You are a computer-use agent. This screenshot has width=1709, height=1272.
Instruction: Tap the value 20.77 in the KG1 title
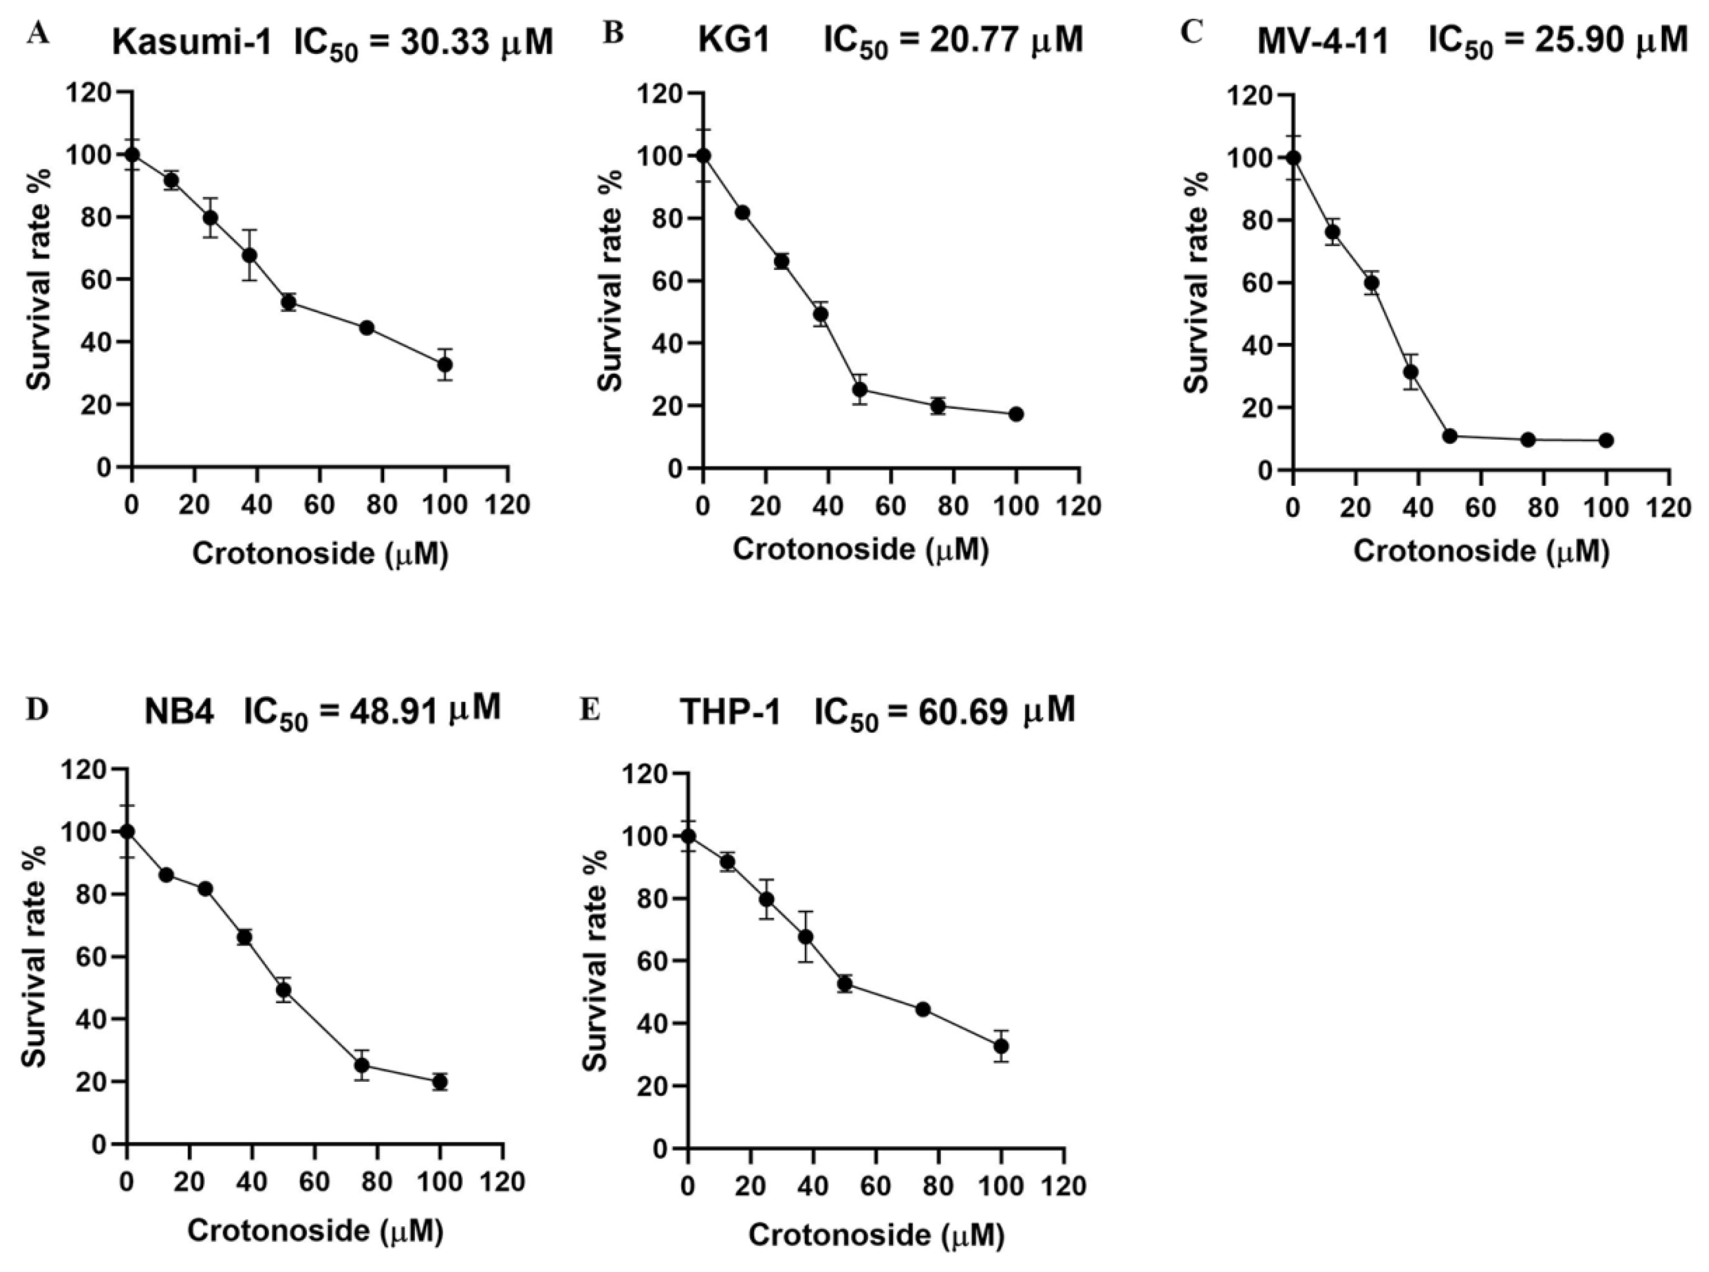click(978, 40)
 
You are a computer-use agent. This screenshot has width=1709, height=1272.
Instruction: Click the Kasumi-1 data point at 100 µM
click(444, 364)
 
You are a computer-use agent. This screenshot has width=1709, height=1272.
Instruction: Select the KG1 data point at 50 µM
click(859, 390)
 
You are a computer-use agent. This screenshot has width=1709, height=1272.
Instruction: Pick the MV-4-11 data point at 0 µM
click(1293, 158)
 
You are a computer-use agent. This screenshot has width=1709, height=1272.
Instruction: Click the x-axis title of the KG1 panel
click(860, 550)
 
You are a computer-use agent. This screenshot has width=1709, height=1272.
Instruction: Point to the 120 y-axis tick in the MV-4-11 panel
click(1249, 96)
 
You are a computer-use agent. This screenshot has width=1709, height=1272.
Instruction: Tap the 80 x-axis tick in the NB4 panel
click(376, 1182)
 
